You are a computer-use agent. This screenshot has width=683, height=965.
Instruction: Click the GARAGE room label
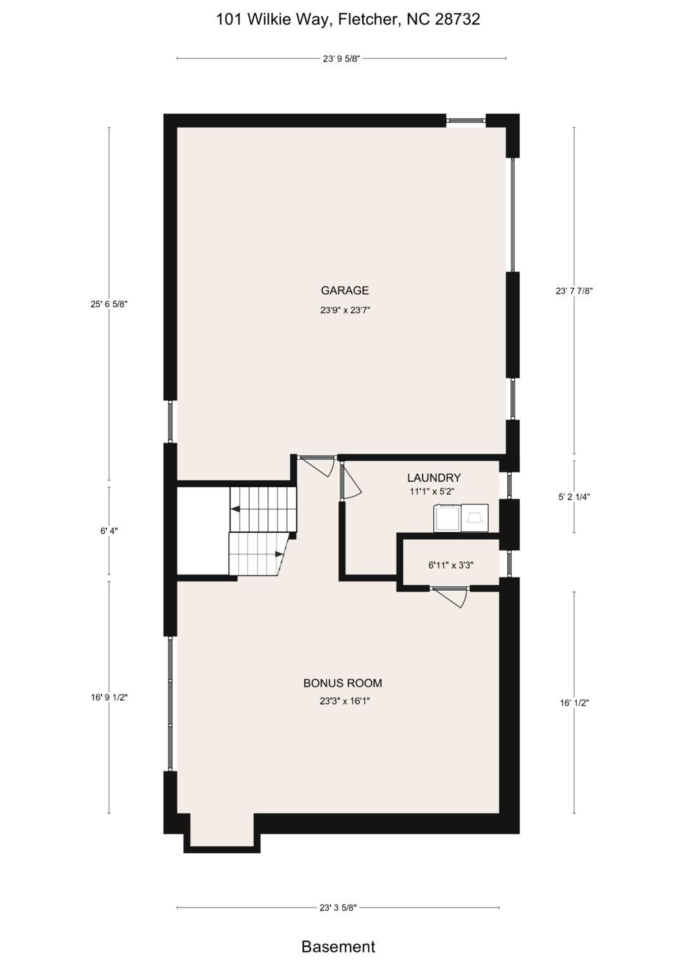click(344, 291)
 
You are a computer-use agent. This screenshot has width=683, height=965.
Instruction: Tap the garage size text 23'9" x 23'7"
click(345, 310)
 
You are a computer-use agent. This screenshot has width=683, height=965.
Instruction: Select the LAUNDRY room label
click(434, 478)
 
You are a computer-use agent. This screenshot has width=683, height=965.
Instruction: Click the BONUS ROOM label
click(342, 683)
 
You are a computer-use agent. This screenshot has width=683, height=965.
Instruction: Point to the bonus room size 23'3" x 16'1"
click(345, 701)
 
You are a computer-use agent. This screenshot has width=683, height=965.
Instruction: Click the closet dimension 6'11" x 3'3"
click(450, 566)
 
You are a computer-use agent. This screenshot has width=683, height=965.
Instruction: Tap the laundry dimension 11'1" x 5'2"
click(432, 491)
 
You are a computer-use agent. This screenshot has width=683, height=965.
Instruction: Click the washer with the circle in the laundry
click(447, 519)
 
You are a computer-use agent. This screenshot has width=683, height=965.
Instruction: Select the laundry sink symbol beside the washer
click(475, 519)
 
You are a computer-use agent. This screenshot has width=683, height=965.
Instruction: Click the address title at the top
click(348, 20)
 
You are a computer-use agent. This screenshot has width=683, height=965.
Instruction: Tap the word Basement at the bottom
click(338, 947)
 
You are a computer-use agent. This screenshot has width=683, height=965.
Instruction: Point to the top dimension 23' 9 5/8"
click(341, 59)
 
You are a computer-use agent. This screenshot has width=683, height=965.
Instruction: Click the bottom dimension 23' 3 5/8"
click(338, 908)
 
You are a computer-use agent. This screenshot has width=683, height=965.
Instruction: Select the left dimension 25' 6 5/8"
click(109, 304)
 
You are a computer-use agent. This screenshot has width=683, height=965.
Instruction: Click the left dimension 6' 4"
click(109, 531)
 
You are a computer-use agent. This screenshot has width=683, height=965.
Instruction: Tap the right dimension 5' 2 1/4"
click(574, 497)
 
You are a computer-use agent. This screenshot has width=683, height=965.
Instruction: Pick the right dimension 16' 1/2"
click(574, 703)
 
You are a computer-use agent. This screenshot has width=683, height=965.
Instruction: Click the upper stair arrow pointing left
click(235, 509)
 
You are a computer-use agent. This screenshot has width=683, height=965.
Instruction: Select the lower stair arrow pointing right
click(279, 554)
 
